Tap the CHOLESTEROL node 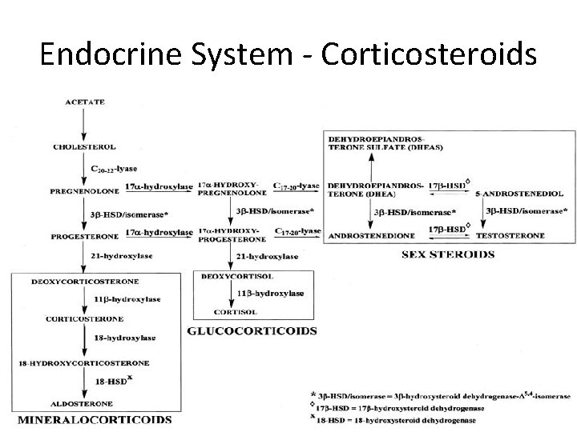84,146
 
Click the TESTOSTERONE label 510,236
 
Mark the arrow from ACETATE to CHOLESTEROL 83,124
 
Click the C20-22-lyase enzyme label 114,170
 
